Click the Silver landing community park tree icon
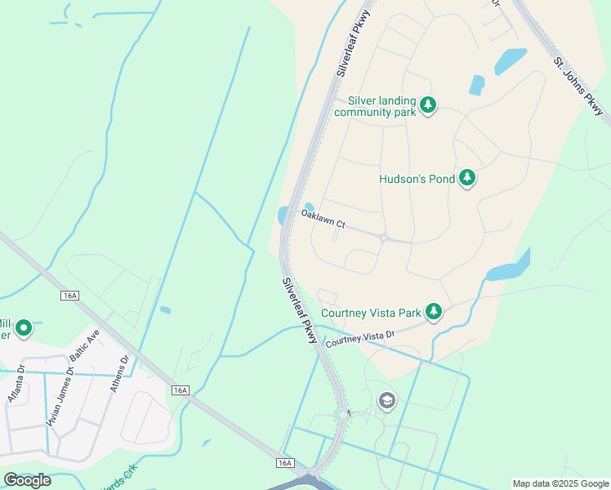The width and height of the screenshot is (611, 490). pyautogui.click(x=428, y=105)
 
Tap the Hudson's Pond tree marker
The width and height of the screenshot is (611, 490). pyautogui.click(x=466, y=178)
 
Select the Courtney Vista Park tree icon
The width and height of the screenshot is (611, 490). pyautogui.click(x=435, y=312)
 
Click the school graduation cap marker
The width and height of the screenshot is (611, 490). pyautogui.click(x=386, y=400)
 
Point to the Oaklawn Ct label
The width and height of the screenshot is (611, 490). pyautogui.click(x=323, y=218)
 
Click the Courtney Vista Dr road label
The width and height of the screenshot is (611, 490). pyautogui.click(x=360, y=340)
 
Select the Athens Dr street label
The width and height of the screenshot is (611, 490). pyautogui.click(x=119, y=373)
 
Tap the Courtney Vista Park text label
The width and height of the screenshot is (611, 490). pyautogui.click(x=371, y=313)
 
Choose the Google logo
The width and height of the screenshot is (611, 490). pyautogui.click(x=27, y=480)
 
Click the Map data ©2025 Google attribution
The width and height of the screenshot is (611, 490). pyautogui.click(x=560, y=483)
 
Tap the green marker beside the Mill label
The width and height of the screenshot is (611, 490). pyautogui.click(x=24, y=328)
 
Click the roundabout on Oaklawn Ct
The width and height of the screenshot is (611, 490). pyautogui.click(x=384, y=238)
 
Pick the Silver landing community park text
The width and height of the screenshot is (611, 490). pyautogui.click(x=376, y=106)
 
